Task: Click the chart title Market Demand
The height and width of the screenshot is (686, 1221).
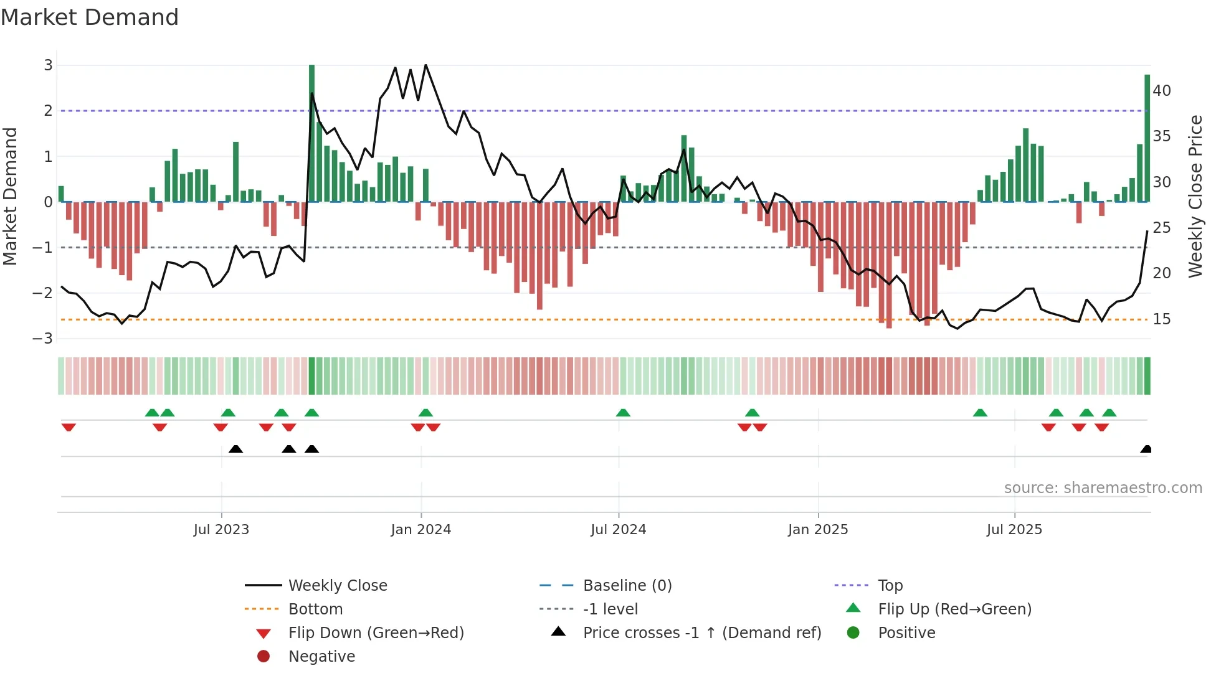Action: pyautogui.click(x=90, y=17)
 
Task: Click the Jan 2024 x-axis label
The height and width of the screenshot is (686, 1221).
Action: pyautogui.click(x=420, y=530)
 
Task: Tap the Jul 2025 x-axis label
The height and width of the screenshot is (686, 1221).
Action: pyautogui.click(x=1014, y=530)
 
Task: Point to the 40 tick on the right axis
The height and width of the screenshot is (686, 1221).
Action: pyautogui.click(x=1162, y=91)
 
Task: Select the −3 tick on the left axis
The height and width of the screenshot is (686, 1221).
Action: pyautogui.click(x=43, y=339)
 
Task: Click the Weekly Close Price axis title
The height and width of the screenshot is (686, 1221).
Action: pyautogui.click(x=1195, y=196)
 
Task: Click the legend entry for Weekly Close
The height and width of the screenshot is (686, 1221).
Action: pyautogui.click(x=337, y=586)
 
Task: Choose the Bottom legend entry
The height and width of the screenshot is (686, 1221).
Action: pyautogui.click(x=315, y=609)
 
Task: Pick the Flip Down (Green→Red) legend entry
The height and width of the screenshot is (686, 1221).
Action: pyautogui.click(x=376, y=633)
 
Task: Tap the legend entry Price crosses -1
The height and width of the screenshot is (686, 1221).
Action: pyautogui.click(x=701, y=633)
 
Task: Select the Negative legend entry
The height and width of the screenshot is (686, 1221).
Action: pyautogui.click(x=321, y=657)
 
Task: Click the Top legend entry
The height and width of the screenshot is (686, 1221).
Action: pyautogui.click(x=890, y=586)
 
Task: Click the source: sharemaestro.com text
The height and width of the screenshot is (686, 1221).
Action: pyautogui.click(x=1103, y=488)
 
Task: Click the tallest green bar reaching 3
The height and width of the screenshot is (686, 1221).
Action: pyautogui.click(x=311, y=131)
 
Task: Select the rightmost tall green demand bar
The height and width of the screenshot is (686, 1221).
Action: pyautogui.click(x=1147, y=137)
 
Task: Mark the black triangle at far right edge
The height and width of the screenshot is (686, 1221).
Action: pyautogui.click(x=1146, y=449)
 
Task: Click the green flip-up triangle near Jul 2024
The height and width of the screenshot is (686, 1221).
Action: pyautogui.click(x=623, y=413)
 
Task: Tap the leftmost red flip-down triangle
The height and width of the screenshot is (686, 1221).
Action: pyautogui.click(x=69, y=427)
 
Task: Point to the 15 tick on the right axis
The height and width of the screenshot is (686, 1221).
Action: pyautogui.click(x=1162, y=319)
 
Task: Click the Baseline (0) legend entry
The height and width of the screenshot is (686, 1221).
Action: pyautogui.click(x=627, y=586)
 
